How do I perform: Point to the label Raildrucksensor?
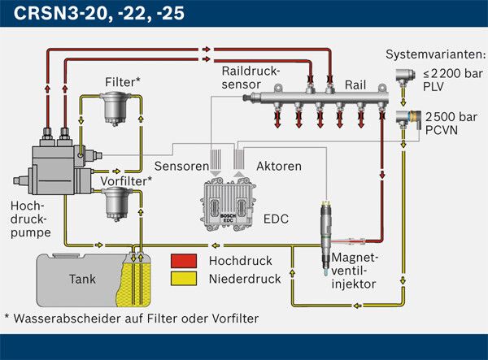pos(251,77)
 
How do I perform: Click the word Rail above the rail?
pos(355,84)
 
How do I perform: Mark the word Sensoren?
pos(174,167)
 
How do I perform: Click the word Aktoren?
pos(279,167)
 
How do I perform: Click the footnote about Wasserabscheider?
pos(131,318)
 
